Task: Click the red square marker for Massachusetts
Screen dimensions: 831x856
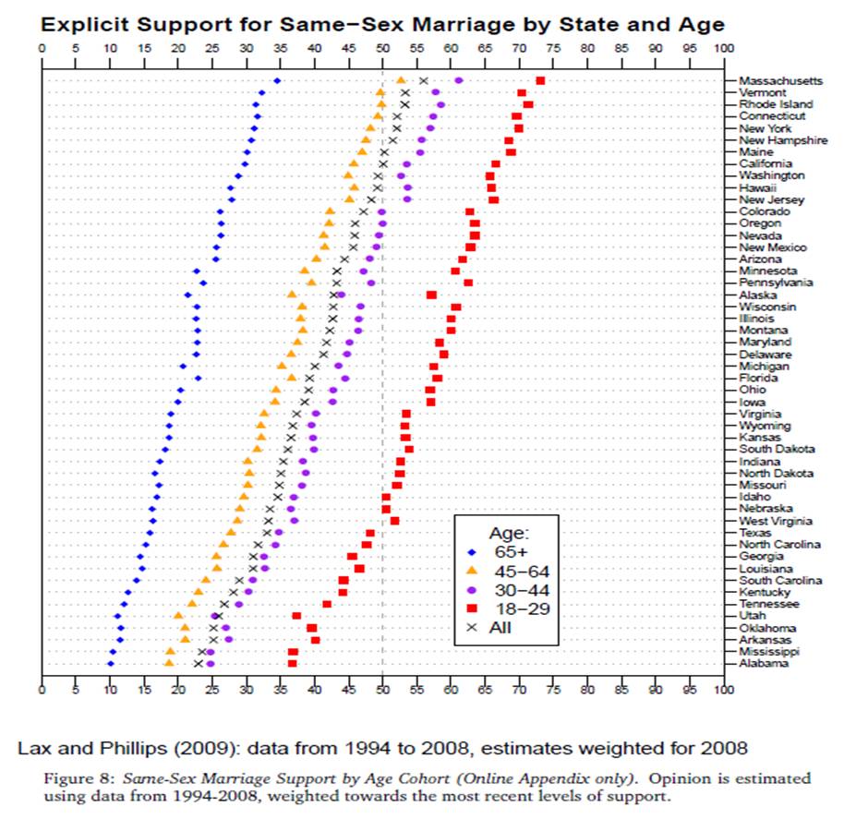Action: (540, 81)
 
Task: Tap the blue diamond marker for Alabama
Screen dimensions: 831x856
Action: (110, 664)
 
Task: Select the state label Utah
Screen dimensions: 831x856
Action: (752, 616)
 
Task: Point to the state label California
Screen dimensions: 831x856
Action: (765, 164)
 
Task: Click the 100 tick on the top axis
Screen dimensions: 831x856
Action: (724, 47)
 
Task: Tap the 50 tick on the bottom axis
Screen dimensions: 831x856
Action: (382, 689)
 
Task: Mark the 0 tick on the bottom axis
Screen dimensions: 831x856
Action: (42, 689)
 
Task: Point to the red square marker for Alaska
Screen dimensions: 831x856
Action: (431, 295)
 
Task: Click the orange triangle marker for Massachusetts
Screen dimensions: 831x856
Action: (400, 81)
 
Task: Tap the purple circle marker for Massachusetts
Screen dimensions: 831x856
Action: (459, 81)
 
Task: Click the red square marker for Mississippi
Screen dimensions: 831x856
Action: (293, 652)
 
